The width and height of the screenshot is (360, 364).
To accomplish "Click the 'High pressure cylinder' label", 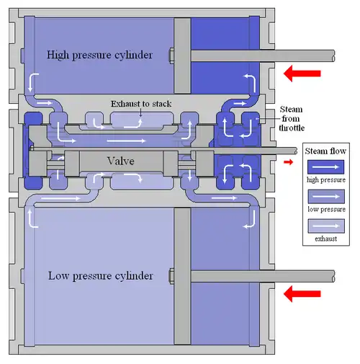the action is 99,55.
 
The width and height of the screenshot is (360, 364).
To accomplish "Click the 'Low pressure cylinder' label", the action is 101,276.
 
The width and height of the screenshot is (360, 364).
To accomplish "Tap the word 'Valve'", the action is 120,161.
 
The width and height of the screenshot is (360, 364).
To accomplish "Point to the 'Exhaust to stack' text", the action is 141,104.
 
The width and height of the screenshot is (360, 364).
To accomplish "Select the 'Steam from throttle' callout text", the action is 292,119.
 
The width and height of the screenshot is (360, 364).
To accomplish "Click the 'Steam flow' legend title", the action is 325,151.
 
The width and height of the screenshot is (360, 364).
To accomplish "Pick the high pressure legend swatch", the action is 326,167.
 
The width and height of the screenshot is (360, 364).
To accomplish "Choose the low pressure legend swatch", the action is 326,196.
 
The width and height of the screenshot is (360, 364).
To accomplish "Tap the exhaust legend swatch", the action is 326,226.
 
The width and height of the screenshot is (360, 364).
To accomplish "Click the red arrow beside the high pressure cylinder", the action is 302,74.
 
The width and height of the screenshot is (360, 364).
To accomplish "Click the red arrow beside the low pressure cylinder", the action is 302,293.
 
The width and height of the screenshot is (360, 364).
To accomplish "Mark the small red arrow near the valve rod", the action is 288,162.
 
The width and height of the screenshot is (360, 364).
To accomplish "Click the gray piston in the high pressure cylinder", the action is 182,56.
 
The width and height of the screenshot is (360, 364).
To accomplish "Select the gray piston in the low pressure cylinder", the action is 182,276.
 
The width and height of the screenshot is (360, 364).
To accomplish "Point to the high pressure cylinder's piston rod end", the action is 333,56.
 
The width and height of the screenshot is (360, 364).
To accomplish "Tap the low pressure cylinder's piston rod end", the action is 333,276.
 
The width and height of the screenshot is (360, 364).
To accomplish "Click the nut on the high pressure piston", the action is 172,56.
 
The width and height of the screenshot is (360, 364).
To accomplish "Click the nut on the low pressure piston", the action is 172,276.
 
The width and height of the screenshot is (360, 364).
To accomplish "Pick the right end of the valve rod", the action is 296,151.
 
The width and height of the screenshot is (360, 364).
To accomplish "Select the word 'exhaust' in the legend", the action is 326,239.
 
